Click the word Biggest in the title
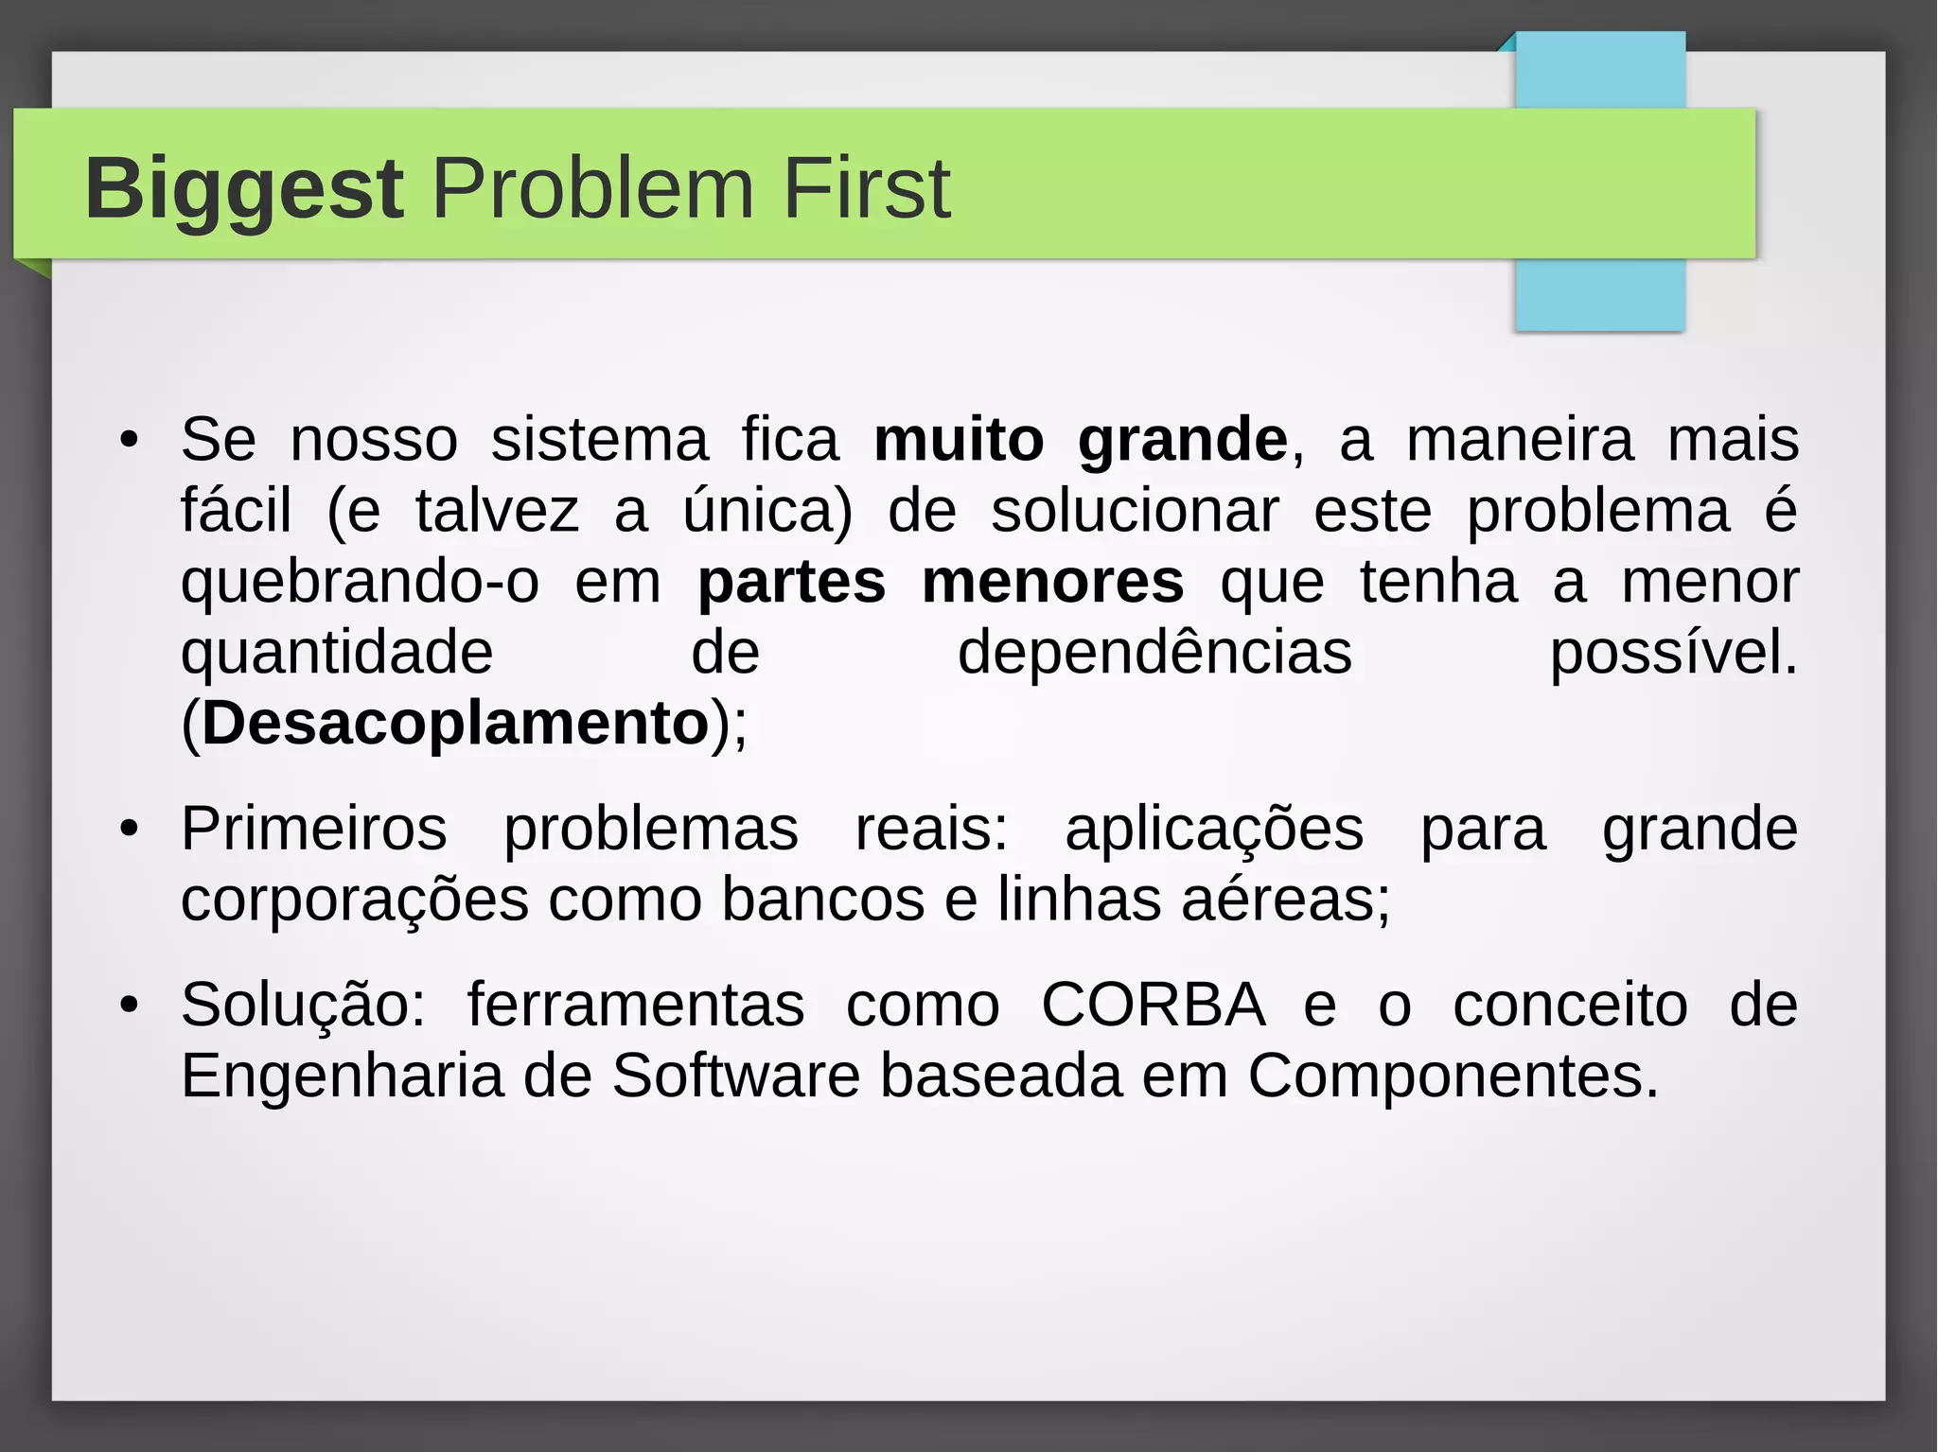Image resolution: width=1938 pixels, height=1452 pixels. pyautogui.click(x=244, y=189)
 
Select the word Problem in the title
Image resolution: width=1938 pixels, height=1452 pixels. pyautogui.click(x=593, y=189)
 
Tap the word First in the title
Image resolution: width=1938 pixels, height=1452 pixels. pyautogui.click(x=866, y=189)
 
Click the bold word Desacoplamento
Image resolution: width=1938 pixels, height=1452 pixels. pyautogui.click(x=455, y=724)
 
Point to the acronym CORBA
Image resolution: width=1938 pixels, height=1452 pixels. pyautogui.click(x=1154, y=1005)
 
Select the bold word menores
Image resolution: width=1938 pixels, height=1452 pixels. pyautogui.click(x=1052, y=582)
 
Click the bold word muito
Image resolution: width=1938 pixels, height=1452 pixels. pyautogui.click(x=959, y=441)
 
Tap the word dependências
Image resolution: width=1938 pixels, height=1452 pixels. pyautogui.click(x=1154, y=653)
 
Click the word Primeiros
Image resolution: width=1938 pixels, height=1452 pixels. pyautogui.click(x=314, y=830)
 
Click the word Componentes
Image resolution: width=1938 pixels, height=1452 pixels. pyautogui.click(x=1453, y=1076)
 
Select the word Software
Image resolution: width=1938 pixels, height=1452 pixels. pyautogui.click(x=735, y=1076)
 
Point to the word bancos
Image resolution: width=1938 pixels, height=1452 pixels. pyautogui.click(x=822, y=900)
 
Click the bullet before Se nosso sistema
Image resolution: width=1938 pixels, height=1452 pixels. pyautogui.click(x=130, y=441)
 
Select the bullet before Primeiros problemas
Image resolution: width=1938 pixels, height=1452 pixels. pyautogui.click(x=130, y=830)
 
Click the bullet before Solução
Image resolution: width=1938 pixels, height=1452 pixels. pyautogui.click(x=130, y=1005)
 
